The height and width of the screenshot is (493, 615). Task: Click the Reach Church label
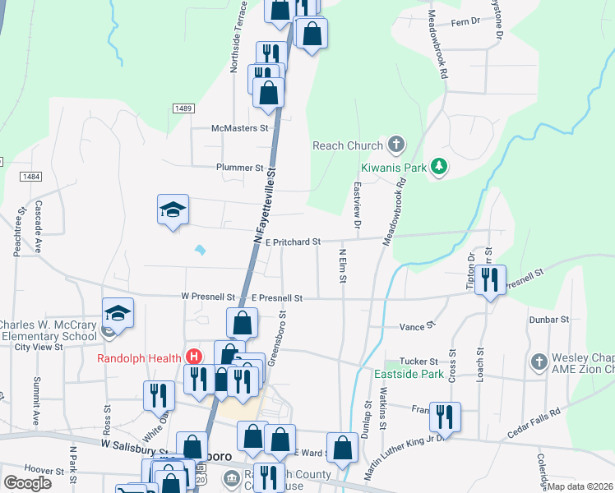348,145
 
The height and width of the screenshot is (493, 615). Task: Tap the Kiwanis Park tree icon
440,166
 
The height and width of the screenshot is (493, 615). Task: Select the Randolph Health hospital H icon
194,357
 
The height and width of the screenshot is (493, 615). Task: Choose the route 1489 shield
183,108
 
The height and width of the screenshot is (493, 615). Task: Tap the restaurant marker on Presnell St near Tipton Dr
490,280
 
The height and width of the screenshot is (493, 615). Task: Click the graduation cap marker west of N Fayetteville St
173,210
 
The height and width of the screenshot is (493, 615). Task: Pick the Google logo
27,482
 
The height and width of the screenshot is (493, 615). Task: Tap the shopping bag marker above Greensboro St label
243,322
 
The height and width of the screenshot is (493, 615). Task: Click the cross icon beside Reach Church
395,145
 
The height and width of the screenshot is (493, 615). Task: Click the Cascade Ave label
39,225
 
